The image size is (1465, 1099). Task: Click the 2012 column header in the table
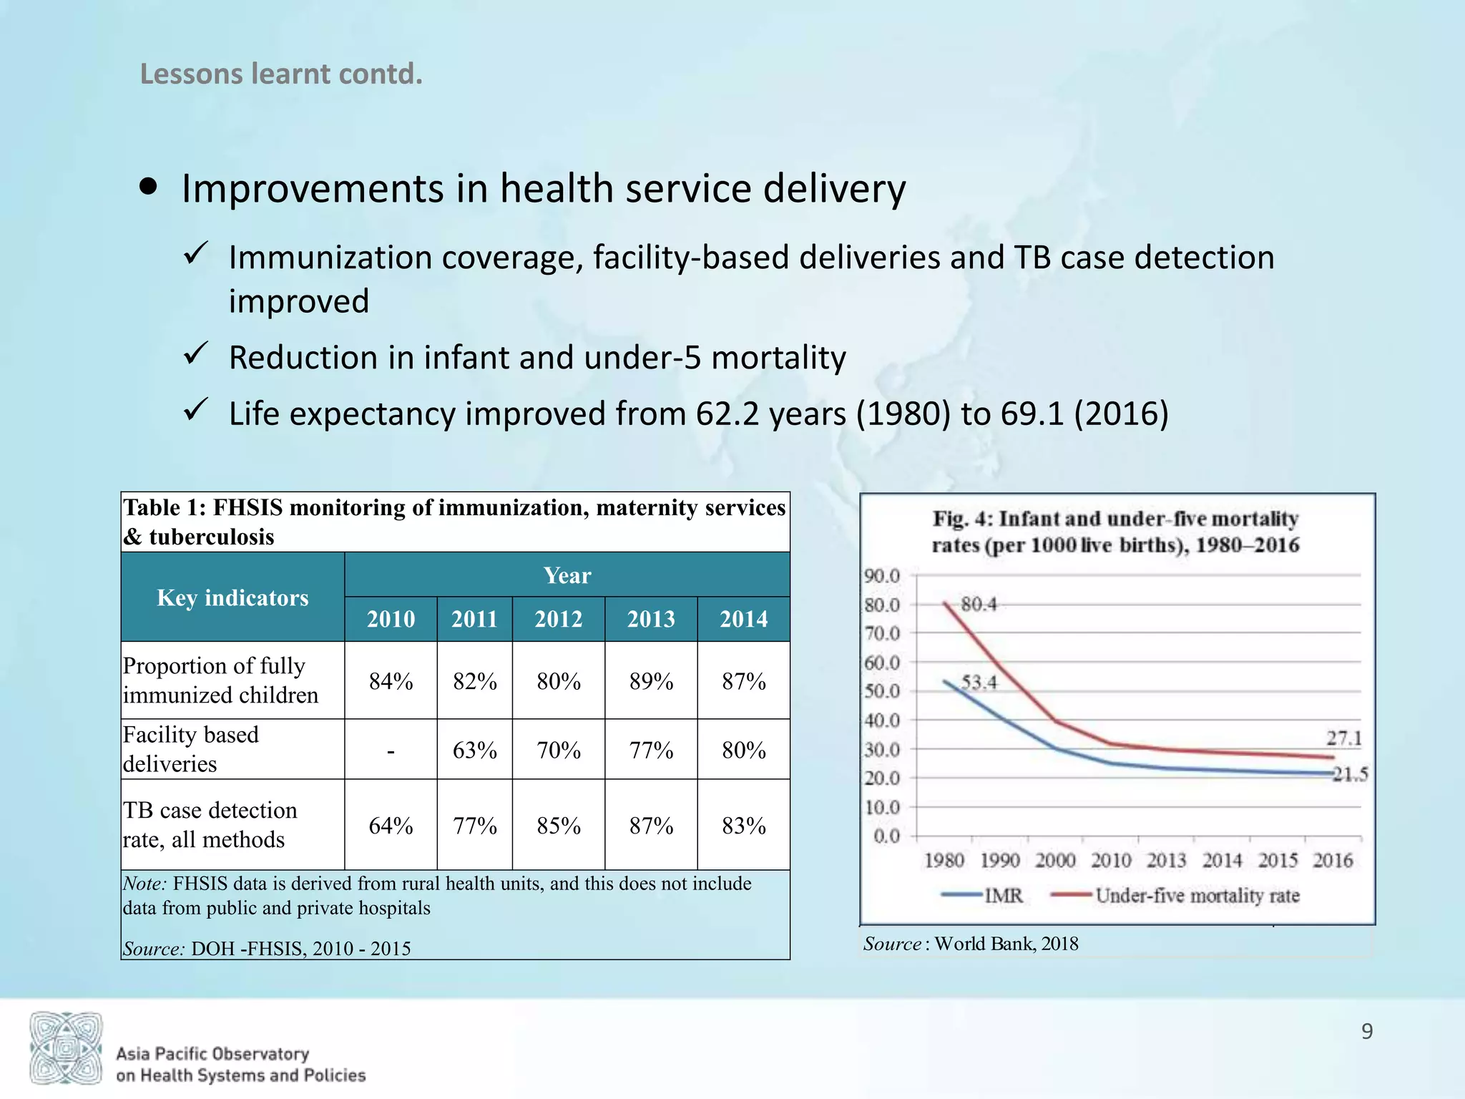coord(559,619)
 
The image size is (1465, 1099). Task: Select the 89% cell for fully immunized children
coord(651,681)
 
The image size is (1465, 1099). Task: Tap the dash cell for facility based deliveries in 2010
coord(391,751)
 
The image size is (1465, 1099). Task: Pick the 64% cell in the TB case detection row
coord(391,826)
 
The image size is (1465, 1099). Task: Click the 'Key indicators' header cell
coord(232,597)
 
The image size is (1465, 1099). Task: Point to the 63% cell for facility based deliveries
coord(475,751)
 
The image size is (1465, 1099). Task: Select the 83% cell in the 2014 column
coord(744,826)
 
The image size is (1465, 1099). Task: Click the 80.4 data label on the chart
coord(979,605)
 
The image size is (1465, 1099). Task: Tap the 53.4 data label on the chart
coord(979,683)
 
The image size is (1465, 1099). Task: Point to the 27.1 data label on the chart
coord(1344,738)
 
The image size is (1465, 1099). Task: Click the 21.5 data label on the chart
coord(1350,774)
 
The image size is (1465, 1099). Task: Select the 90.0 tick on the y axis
coord(882,576)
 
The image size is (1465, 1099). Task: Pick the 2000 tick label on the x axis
coord(1055,860)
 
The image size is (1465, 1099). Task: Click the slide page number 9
coord(1366,1031)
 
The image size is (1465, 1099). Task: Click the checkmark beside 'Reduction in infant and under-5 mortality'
coord(195,353)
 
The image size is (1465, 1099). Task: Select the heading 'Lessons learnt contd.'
coord(281,74)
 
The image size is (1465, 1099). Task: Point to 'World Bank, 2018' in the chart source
coord(1006,944)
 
